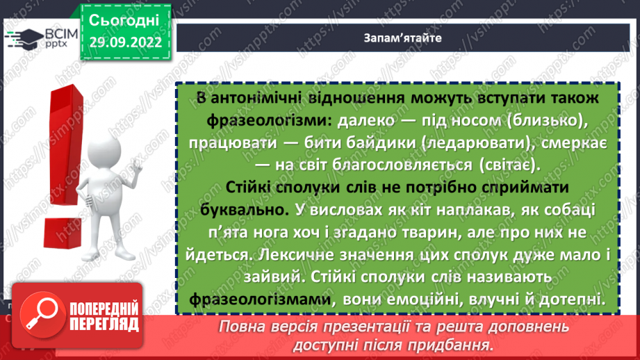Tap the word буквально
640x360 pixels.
tap(236, 209)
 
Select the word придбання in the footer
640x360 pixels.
tap(457, 344)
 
